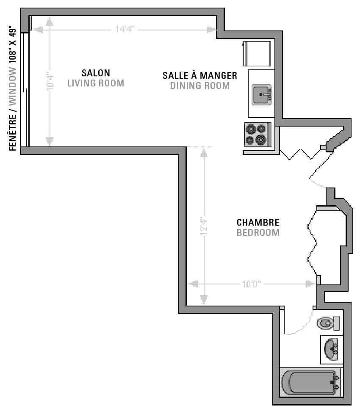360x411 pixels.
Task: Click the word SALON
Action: click(96, 73)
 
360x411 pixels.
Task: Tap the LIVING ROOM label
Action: click(96, 83)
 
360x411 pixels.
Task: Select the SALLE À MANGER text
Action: click(200, 75)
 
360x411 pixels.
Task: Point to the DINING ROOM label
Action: click(200, 86)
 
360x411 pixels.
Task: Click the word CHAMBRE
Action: click(258, 222)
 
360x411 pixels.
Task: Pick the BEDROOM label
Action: click(258, 232)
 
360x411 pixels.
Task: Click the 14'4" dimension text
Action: click(125, 29)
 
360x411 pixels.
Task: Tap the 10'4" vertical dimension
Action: click(50, 82)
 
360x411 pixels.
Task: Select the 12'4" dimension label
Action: click(204, 226)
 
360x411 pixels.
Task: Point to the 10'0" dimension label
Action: click(252, 284)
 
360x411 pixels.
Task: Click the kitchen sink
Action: click(261, 94)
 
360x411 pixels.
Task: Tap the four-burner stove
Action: click(258, 135)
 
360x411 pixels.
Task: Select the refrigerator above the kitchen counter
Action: click(257, 53)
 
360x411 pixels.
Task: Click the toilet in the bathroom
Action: click(328, 323)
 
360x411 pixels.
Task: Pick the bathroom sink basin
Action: click(331, 349)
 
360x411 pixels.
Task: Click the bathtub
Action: click(310, 382)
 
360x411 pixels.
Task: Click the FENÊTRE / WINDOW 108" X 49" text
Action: click(13, 88)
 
